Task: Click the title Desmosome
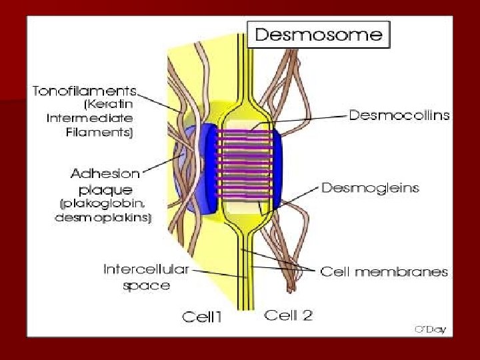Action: point(319,35)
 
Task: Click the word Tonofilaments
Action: point(85,91)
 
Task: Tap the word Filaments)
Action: point(107,133)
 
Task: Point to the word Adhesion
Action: point(105,174)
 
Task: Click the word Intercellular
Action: point(146,270)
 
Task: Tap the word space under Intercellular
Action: point(146,285)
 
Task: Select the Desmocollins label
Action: point(399,115)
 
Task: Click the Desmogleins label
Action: point(370,188)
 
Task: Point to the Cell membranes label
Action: point(384,271)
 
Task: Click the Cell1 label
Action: point(202,317)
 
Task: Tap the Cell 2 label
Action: point(289,315)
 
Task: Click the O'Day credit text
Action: point(430,329)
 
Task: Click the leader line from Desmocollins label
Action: point(307,119)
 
